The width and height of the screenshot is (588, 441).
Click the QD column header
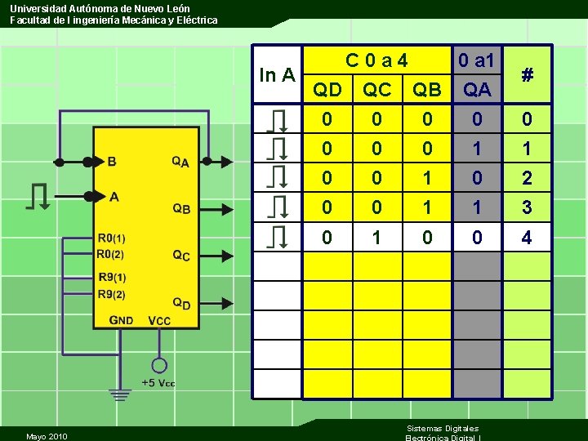(x=327, y=89)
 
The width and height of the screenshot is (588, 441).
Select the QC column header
(x=376, y=89)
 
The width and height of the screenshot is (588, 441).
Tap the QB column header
(x=426, y=89)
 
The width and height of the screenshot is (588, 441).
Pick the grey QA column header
(x=477, y=89)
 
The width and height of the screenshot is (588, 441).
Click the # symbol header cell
(x=528, y=75)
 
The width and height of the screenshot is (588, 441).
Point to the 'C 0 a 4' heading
(x=376, y=60)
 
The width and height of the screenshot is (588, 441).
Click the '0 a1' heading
(x=477, y=60)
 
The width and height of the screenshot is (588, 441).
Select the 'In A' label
(x=277, y=75)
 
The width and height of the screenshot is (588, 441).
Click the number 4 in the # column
(x=527, y=238)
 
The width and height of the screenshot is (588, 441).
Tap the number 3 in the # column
(x=527, y=207)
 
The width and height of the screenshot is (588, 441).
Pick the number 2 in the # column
(x=527, y=178)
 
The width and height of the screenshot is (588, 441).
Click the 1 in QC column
(x=376, y=238)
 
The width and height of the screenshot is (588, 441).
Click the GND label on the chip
(x=122, y=320)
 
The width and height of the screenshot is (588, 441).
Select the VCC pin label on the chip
(x=160, y=320)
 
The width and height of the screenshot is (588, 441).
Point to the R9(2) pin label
(x=111, y=294)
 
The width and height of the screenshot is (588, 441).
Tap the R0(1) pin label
(x=111, y=238)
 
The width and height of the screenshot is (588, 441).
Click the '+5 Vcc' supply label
(x=158, y=383)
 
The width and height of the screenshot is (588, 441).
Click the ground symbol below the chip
(x=121, y=395)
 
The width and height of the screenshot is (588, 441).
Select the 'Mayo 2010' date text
(x=47, y=436)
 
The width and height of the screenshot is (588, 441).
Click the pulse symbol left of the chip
(x=38, y=197)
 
